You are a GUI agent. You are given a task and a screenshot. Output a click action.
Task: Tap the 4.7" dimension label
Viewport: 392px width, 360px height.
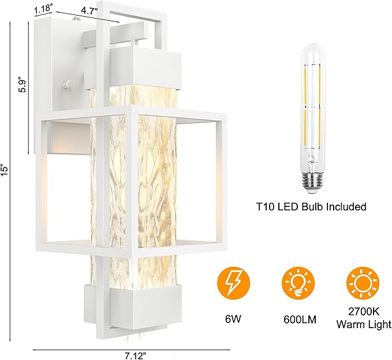(x=88, y=10)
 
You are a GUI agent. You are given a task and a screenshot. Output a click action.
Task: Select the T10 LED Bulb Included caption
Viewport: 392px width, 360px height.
(x=312, y=206)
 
